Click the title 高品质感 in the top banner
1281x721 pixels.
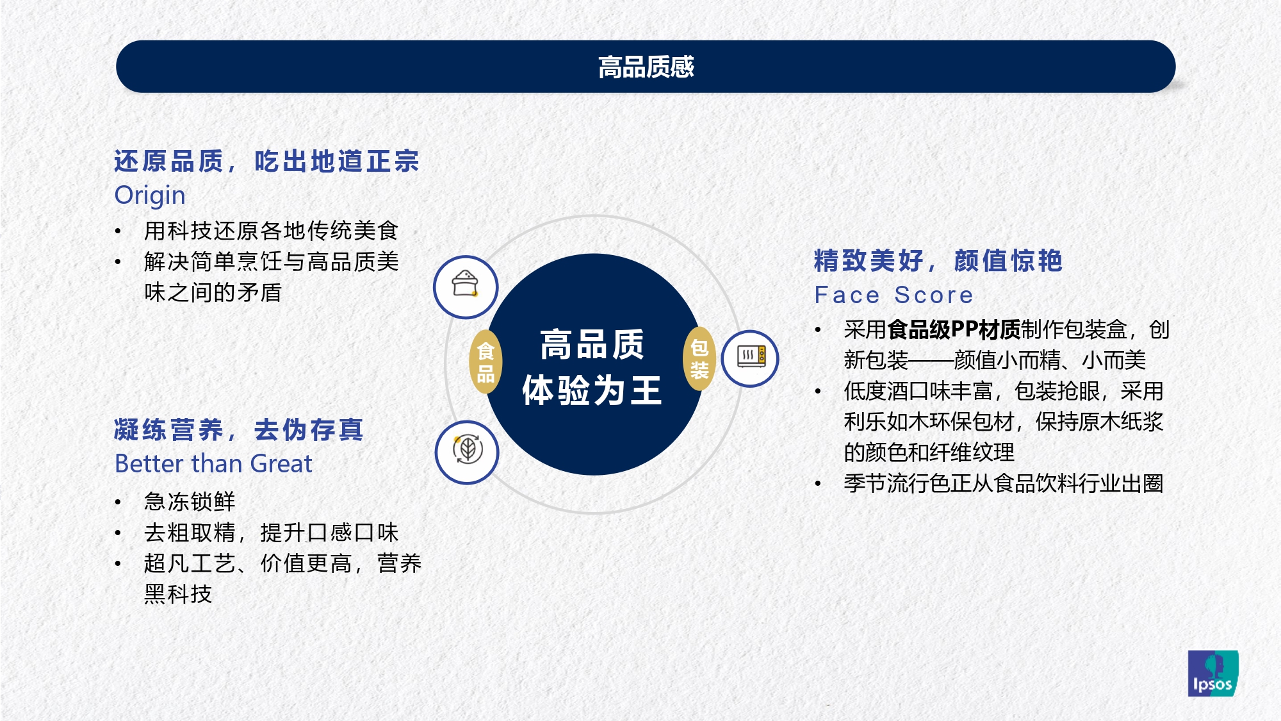(646, 67)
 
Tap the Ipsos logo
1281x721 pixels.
(1213, 673)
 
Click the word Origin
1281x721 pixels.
(150, 195)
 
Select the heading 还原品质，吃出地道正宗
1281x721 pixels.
(266, 161)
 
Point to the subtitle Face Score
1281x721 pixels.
(893, 295)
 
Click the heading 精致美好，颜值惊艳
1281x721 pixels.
(938, 261)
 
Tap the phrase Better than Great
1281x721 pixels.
(213, 463)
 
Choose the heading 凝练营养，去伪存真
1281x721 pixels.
(238, 429)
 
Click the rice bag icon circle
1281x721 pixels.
(466, 286)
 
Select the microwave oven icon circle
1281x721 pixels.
(750, 358)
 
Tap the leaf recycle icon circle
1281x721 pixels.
(467, 452)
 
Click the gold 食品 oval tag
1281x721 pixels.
(485, 362)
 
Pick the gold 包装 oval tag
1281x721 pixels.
(699, 359)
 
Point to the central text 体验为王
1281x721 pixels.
(592, 390)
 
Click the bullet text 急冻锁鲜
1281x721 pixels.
(190, 501)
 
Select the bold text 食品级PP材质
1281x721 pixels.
(954, 329)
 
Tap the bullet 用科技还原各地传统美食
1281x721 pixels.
(271, 231)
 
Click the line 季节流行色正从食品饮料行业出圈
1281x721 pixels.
(1003, 483)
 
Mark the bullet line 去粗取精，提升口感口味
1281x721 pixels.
(271, 533)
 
